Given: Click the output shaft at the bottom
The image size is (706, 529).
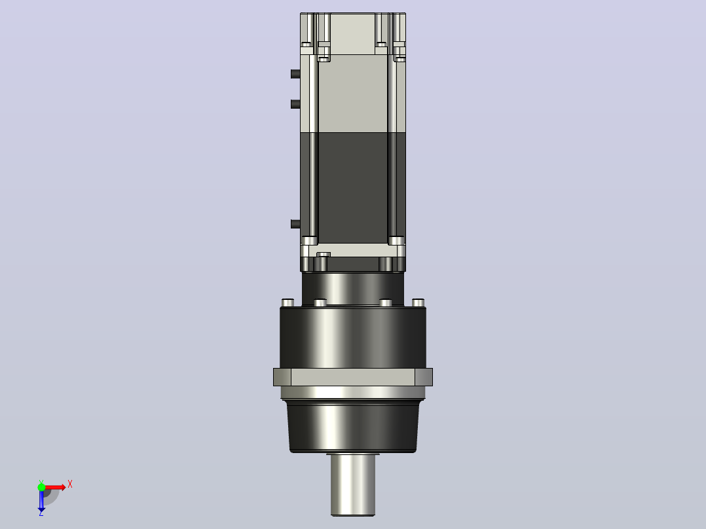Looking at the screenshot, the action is click(x=353, y=484).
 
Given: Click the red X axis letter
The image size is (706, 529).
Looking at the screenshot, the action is click(x=70, y=484).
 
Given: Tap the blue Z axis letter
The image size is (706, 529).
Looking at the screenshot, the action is click(x=41, y=513).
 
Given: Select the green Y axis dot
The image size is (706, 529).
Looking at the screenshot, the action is click(x=41, y=487).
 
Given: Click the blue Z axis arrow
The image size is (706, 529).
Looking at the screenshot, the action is click(x=41, y=500).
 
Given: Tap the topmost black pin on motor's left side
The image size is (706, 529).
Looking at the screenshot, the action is click(x=295, y=74).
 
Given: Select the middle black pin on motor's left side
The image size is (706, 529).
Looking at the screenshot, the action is click(x=295, y=104).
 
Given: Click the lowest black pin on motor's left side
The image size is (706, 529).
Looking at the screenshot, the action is click(x=295, y=224).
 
